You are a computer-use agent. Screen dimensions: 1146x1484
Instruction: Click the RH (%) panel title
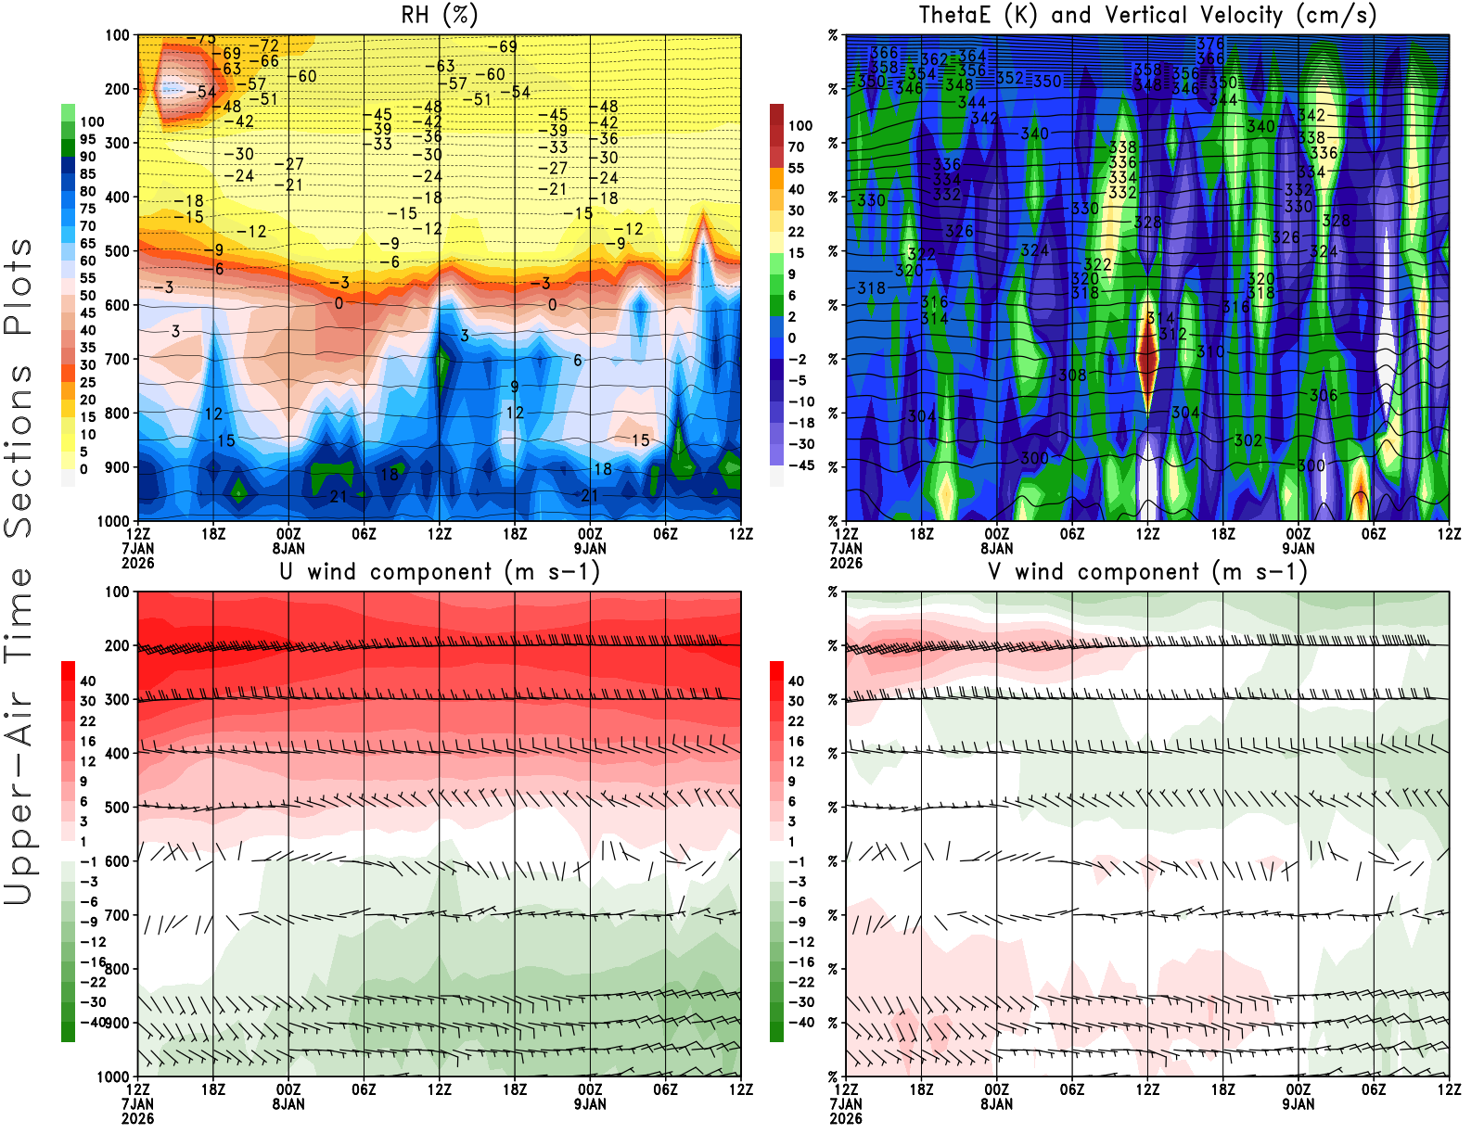point(439,15)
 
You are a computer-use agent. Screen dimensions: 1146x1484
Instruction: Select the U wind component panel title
point(440,571)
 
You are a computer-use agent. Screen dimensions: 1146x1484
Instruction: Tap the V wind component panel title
point(1147,571)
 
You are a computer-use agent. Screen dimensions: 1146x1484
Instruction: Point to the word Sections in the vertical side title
point(19,451)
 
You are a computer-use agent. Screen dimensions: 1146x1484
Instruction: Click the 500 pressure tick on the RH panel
point(117,251)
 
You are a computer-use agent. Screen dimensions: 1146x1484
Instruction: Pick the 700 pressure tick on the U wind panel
point(117,916)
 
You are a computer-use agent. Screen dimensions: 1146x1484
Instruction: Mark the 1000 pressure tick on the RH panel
point(113,521)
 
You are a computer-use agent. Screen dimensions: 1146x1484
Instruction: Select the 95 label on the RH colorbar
point(88,139)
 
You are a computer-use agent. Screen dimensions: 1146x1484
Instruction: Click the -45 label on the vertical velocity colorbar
point(800,465)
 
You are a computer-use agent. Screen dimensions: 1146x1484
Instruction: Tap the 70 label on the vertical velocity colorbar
point(796,146)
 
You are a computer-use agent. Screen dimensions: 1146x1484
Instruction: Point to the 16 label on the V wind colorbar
point(796,742)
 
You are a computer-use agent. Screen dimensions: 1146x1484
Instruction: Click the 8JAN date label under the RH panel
point(288,548)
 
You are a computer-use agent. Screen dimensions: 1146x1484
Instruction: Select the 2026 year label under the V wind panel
point(846,1118)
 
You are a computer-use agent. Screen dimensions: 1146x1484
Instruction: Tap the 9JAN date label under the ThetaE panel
point(1298,548)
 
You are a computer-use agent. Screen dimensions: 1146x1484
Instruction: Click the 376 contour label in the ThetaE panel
point(1210,44)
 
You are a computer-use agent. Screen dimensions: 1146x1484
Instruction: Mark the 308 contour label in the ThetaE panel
point(1072,376)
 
